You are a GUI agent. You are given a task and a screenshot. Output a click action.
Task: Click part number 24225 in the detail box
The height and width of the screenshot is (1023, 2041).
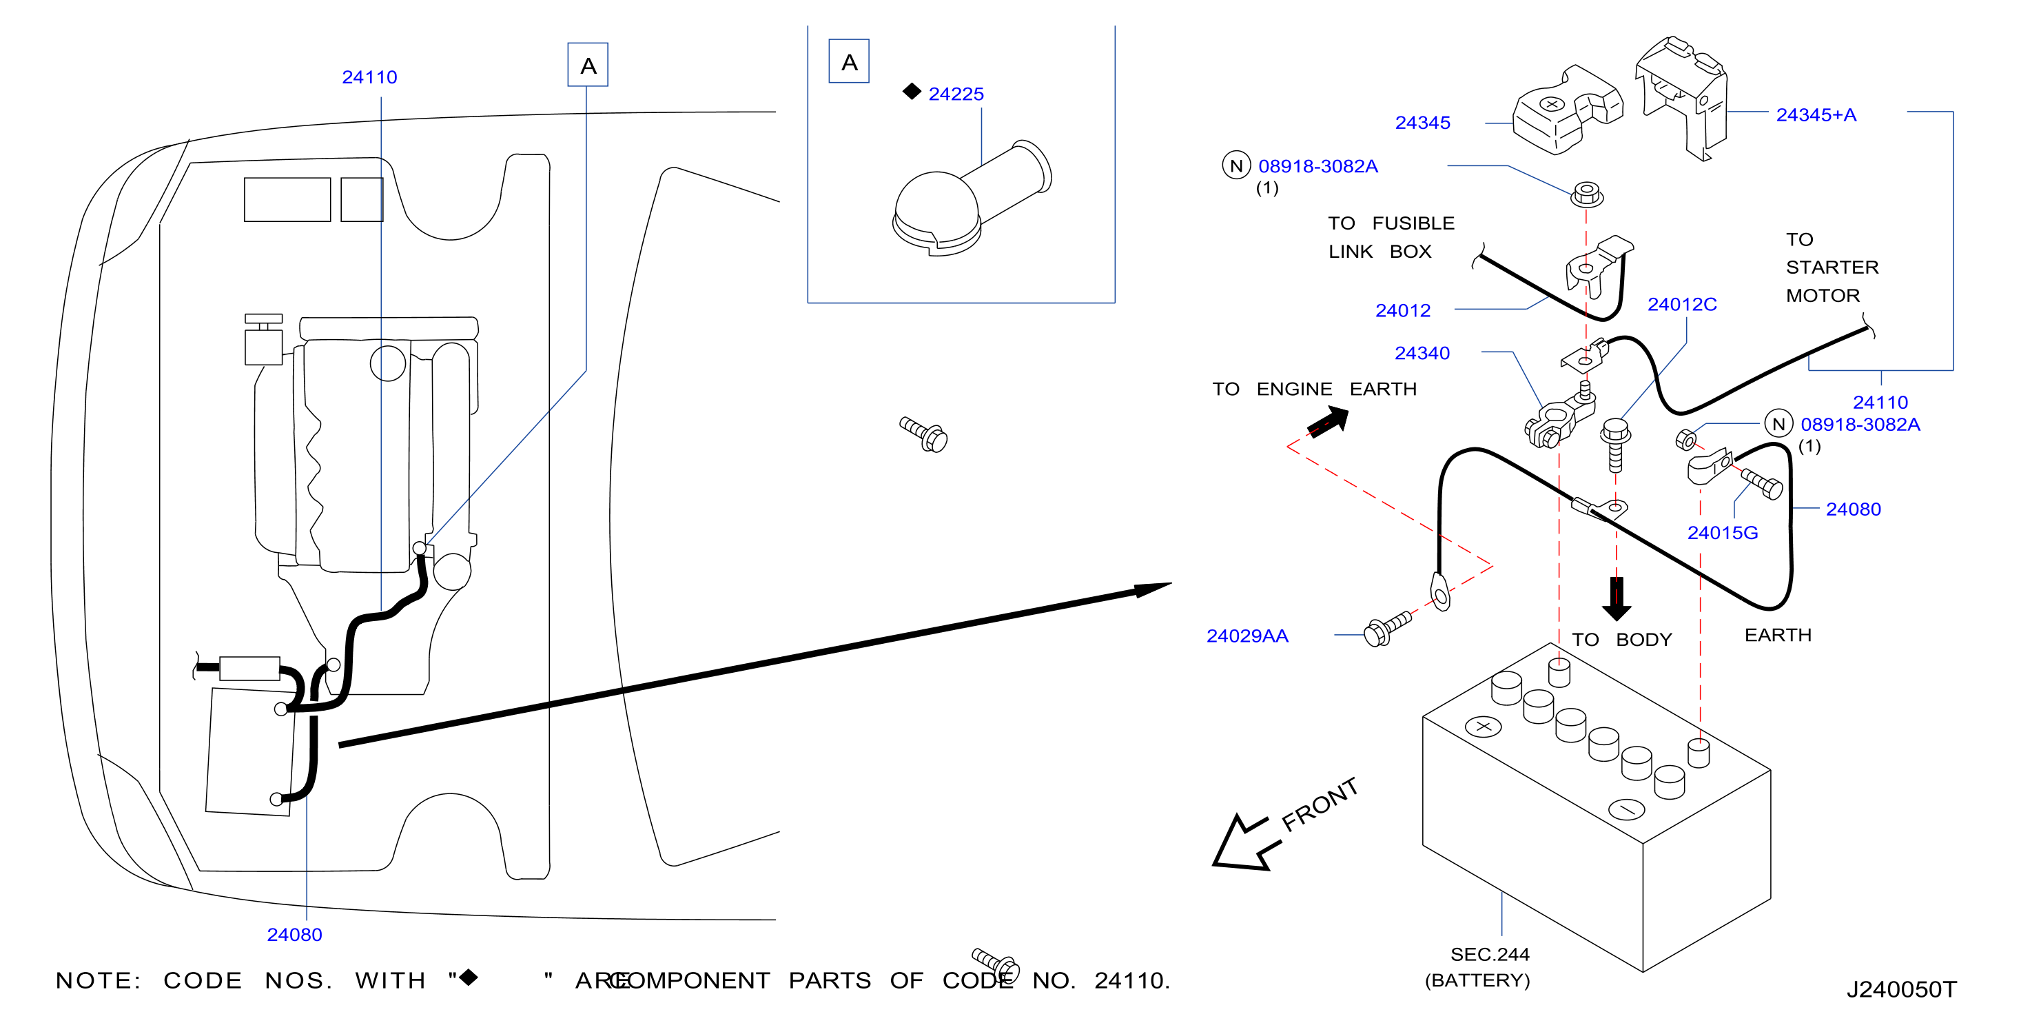click(956, 94)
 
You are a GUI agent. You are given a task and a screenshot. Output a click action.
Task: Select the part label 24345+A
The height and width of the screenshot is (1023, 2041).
click(1816, 115)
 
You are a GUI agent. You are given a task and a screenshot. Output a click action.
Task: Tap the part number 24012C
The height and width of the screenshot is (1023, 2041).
click(1681, 304)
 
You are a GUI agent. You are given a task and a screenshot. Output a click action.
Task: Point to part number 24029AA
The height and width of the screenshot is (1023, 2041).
click(1247, 636)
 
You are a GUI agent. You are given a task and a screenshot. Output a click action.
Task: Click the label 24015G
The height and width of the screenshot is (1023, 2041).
click(1723, 532)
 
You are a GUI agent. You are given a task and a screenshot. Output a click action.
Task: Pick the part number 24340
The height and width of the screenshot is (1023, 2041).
click(1422, 353)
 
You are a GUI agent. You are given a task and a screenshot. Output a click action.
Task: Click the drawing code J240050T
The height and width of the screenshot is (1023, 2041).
click(1902, 990)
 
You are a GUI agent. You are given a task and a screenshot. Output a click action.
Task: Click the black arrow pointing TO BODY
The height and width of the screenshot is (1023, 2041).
click(1617, 598)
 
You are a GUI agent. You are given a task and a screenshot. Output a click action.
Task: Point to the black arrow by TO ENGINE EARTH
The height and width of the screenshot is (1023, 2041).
click(1329, 421)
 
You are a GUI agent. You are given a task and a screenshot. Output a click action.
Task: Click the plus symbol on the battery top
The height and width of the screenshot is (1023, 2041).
click(1484, 726)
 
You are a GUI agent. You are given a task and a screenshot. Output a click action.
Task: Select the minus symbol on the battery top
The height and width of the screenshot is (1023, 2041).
click(1628, 809)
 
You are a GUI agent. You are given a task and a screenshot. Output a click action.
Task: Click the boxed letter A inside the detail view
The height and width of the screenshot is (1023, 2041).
click(848, 62)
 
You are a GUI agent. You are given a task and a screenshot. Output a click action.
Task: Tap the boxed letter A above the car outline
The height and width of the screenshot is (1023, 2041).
click(588, 65)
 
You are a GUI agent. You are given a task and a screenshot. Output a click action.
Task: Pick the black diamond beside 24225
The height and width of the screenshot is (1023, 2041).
click(912, 92)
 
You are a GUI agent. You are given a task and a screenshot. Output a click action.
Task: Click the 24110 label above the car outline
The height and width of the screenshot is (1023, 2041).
click(369, 77)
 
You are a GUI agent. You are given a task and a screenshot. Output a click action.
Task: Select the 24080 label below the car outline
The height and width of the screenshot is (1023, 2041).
click(295, 934)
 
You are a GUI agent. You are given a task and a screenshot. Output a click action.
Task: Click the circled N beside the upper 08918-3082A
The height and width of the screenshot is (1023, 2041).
click(1236, 165)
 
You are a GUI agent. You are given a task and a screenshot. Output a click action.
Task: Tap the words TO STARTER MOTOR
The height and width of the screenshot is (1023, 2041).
click(1832, 267)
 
